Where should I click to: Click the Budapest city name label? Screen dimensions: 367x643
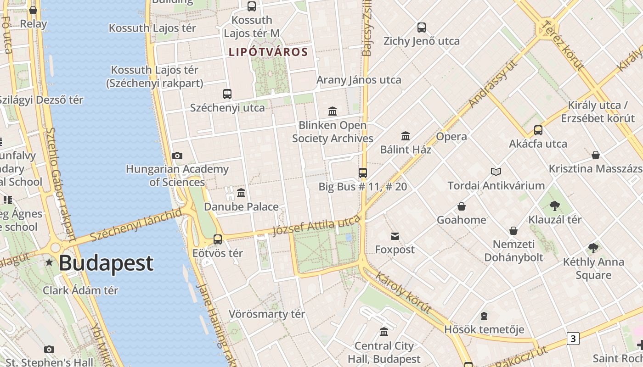tap(106, 263)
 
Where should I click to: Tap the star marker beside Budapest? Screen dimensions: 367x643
tap(49, 262)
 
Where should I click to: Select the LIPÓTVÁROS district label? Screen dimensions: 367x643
tap(268, 52)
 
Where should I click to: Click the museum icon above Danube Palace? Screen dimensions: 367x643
tap(241, 193)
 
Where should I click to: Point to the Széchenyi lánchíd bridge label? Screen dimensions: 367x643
tap(136, 225)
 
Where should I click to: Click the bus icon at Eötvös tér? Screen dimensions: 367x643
tap(218, 239)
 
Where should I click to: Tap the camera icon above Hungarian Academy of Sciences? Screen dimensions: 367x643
tap(177, 156)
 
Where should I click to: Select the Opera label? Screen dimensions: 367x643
tap(451, 136)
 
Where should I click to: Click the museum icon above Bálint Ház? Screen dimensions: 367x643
tap(406, 136)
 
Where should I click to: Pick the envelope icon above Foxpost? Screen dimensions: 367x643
tap(395, 236)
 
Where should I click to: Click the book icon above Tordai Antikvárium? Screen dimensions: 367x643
tap(496, 172)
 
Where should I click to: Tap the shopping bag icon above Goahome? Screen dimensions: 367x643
tap(462, 206)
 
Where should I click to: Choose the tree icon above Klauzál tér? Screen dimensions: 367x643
tap(555, 206)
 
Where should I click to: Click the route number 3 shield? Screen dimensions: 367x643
tap(573, 339)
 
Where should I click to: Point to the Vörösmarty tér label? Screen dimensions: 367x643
tap(267, 314)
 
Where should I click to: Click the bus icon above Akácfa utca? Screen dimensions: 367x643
tap(538, 130)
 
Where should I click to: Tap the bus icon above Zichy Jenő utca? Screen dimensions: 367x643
tap(422, 28)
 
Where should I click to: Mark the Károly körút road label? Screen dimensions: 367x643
tap(403, 293)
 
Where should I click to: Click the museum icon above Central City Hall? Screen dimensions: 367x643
tap(384, 332)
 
